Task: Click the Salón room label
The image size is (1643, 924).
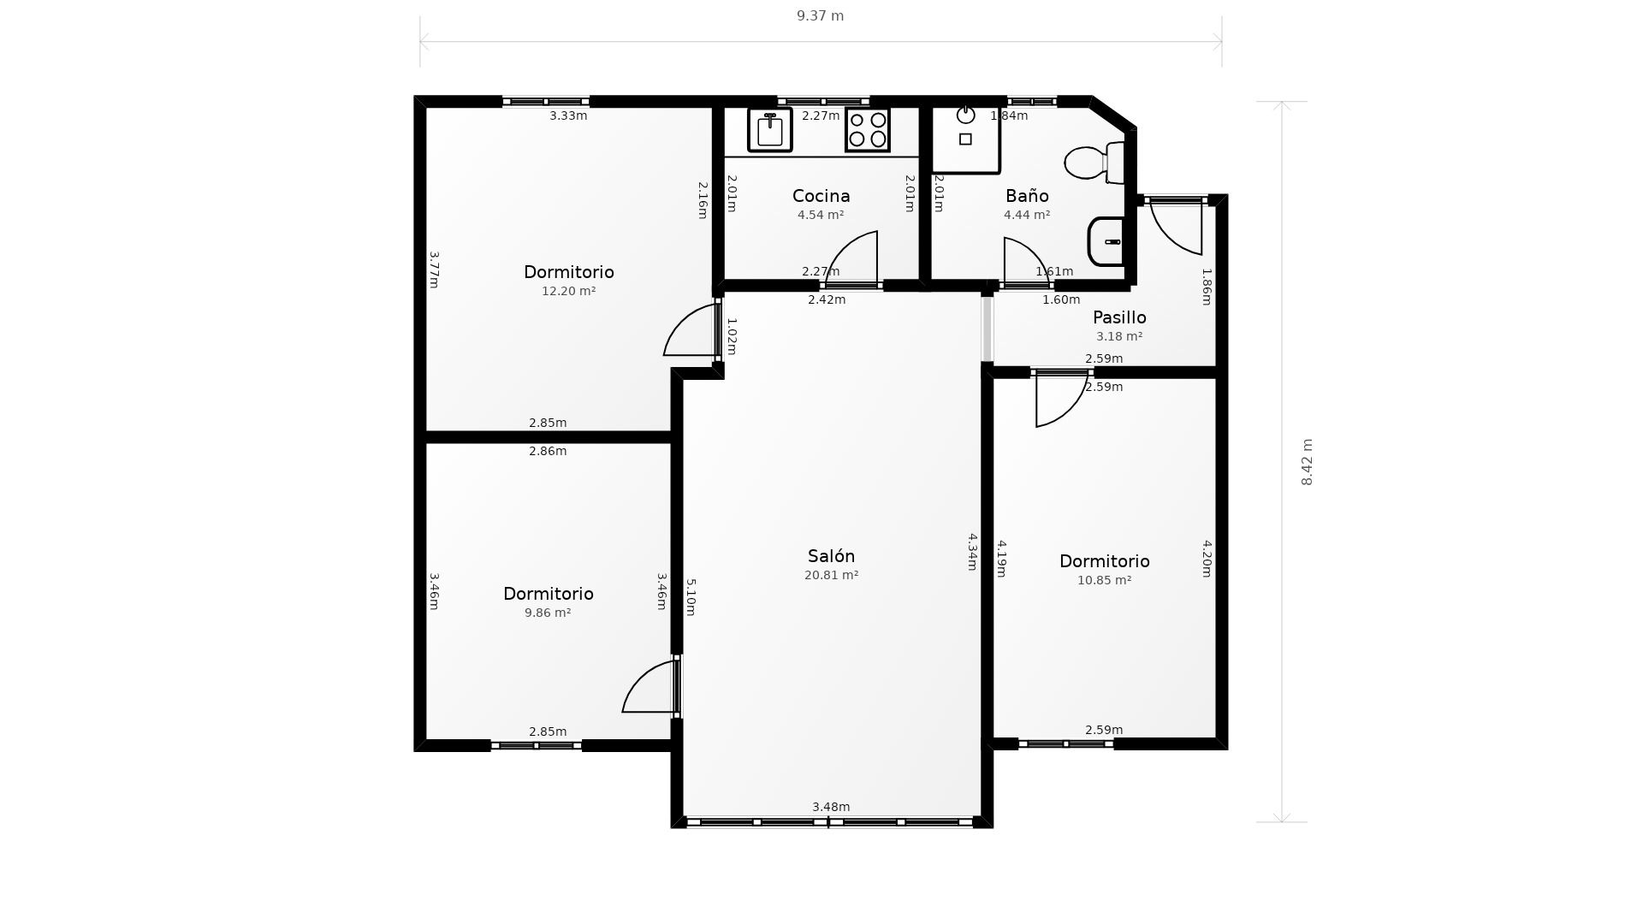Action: [x=831, y=556]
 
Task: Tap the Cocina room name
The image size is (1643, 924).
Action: [x=821, y=196]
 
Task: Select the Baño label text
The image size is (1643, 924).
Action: [x=1027, y=196]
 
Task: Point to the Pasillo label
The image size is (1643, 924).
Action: [x=1119, y=317]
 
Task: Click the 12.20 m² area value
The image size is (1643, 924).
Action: [x=568, y=291]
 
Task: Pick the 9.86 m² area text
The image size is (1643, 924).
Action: [x=548, y=613]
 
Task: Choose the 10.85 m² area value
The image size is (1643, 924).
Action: [x=1104, y=580]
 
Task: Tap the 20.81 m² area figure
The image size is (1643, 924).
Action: [x=831, y=575]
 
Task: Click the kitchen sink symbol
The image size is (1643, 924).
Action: [x=769, y=130]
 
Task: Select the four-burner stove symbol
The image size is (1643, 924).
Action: [x=868, y=130]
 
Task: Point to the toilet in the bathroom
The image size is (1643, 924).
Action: [x=1094, y=163]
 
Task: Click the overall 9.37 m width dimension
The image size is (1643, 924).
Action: [x=820, y=16]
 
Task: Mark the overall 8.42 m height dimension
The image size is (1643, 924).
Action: [x=1307, y=462]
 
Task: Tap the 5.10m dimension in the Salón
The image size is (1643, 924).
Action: [x=691, y=597]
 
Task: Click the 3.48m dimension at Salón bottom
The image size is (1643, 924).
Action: [x=831, y=807]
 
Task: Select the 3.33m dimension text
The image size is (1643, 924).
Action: [x=568, y=115]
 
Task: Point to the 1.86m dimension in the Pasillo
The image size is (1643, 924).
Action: [x=1207, y=287]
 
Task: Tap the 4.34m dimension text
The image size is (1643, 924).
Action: [x=972, y=552]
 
